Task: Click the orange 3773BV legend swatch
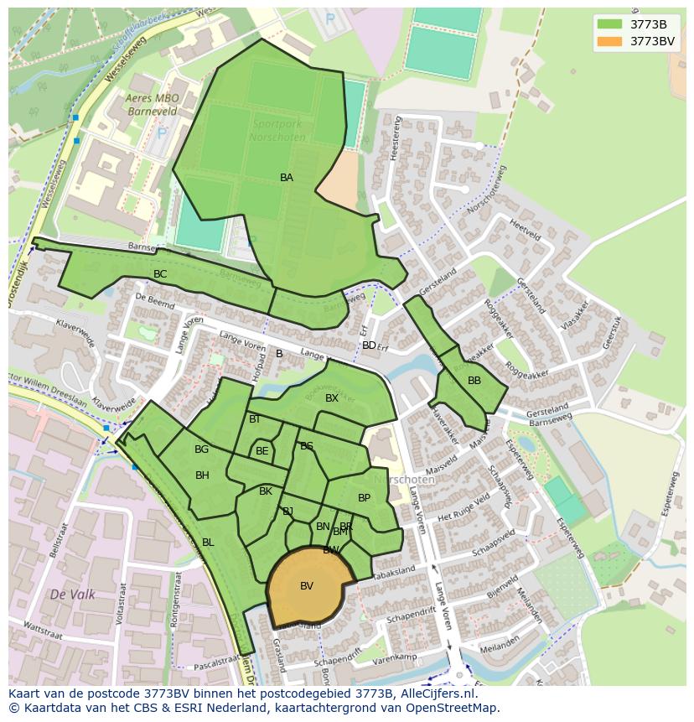pyautogui.click(x=610, y=41)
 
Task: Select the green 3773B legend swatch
pyautogui.click(x=610, y=24)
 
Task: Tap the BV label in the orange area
pyautogui.click(x=307, y=586)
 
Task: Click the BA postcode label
pyautogui.click(x=287, y=178)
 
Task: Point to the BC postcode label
pyautogui.click(x=160, y=274)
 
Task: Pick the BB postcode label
pyautogui.click(x=474, y=381)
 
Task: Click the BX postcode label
pyautogui.click(x=332, y=398)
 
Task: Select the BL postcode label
pyautogui.click(x=208, y=543)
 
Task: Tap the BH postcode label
pyautogui.click(x=202, y=475)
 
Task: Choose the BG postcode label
pyautogui.click(x=201, y=449)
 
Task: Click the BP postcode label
pyautogui.click(x=364, y=498)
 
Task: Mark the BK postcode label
pyautogui.click(x=266, y=491)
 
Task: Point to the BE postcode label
pyautogui.click(x=262, y=451)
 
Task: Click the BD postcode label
pyautogui.click(x=369, y=345)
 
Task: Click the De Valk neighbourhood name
pyautogui.click(x=72, y=595)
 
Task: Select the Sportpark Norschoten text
pyautogui.click(x=277, y=129)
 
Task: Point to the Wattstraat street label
pyautogui.click(x=44, y=626)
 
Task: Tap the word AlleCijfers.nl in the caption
pyautogui.click(x=437, y=693)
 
